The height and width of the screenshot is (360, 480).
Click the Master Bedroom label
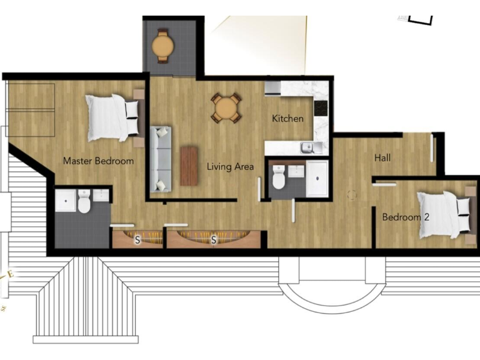[x=98, y=161]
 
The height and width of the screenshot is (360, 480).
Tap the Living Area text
[x=231, y=166]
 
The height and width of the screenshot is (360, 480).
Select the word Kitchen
[x=287, y=118]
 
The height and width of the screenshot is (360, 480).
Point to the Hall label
[x=382, y=157]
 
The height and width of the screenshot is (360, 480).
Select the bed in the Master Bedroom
[x=112, y=117]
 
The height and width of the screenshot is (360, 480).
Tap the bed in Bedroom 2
[x=444, y=214]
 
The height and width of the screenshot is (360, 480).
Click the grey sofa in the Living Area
[x=161, y=159]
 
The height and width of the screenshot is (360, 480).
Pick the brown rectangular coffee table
[x=189, y=166]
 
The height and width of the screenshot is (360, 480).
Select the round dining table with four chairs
[x=225, y=108]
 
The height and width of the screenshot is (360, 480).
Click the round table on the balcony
[x=163, y=46]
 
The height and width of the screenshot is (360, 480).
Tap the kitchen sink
[x=307, y=147]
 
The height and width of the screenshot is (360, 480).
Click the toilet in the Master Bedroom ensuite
[x=84, y=202]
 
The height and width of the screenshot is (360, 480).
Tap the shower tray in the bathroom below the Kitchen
[x=317, y=179]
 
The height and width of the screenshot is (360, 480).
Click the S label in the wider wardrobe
[x=214, y=239]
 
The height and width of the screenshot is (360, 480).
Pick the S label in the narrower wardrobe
[x=137, y=239]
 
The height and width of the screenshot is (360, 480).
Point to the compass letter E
[x=9, y=274]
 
